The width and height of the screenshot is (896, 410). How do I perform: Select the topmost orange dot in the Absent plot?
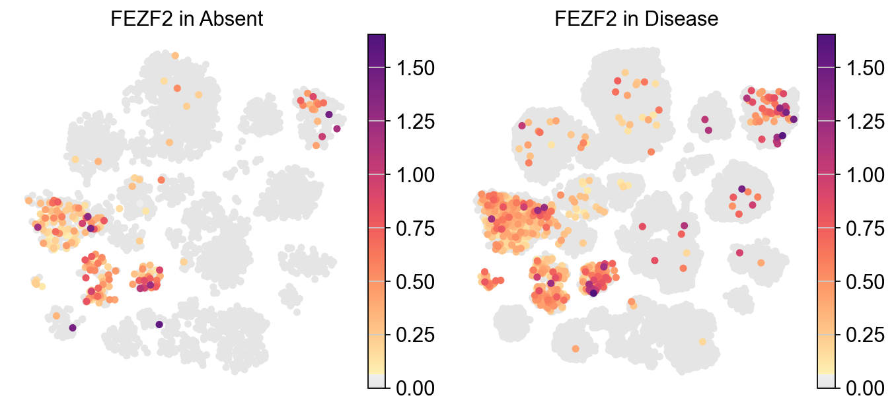tap(174, 56)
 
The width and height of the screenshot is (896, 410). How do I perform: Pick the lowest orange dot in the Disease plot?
tap(575, 349)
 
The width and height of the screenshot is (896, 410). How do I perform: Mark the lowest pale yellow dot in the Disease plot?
tap(702, 341)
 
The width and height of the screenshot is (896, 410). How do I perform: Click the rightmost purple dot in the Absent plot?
tap(336, 129)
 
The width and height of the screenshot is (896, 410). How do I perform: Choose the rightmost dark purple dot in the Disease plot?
tap(793, 120)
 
